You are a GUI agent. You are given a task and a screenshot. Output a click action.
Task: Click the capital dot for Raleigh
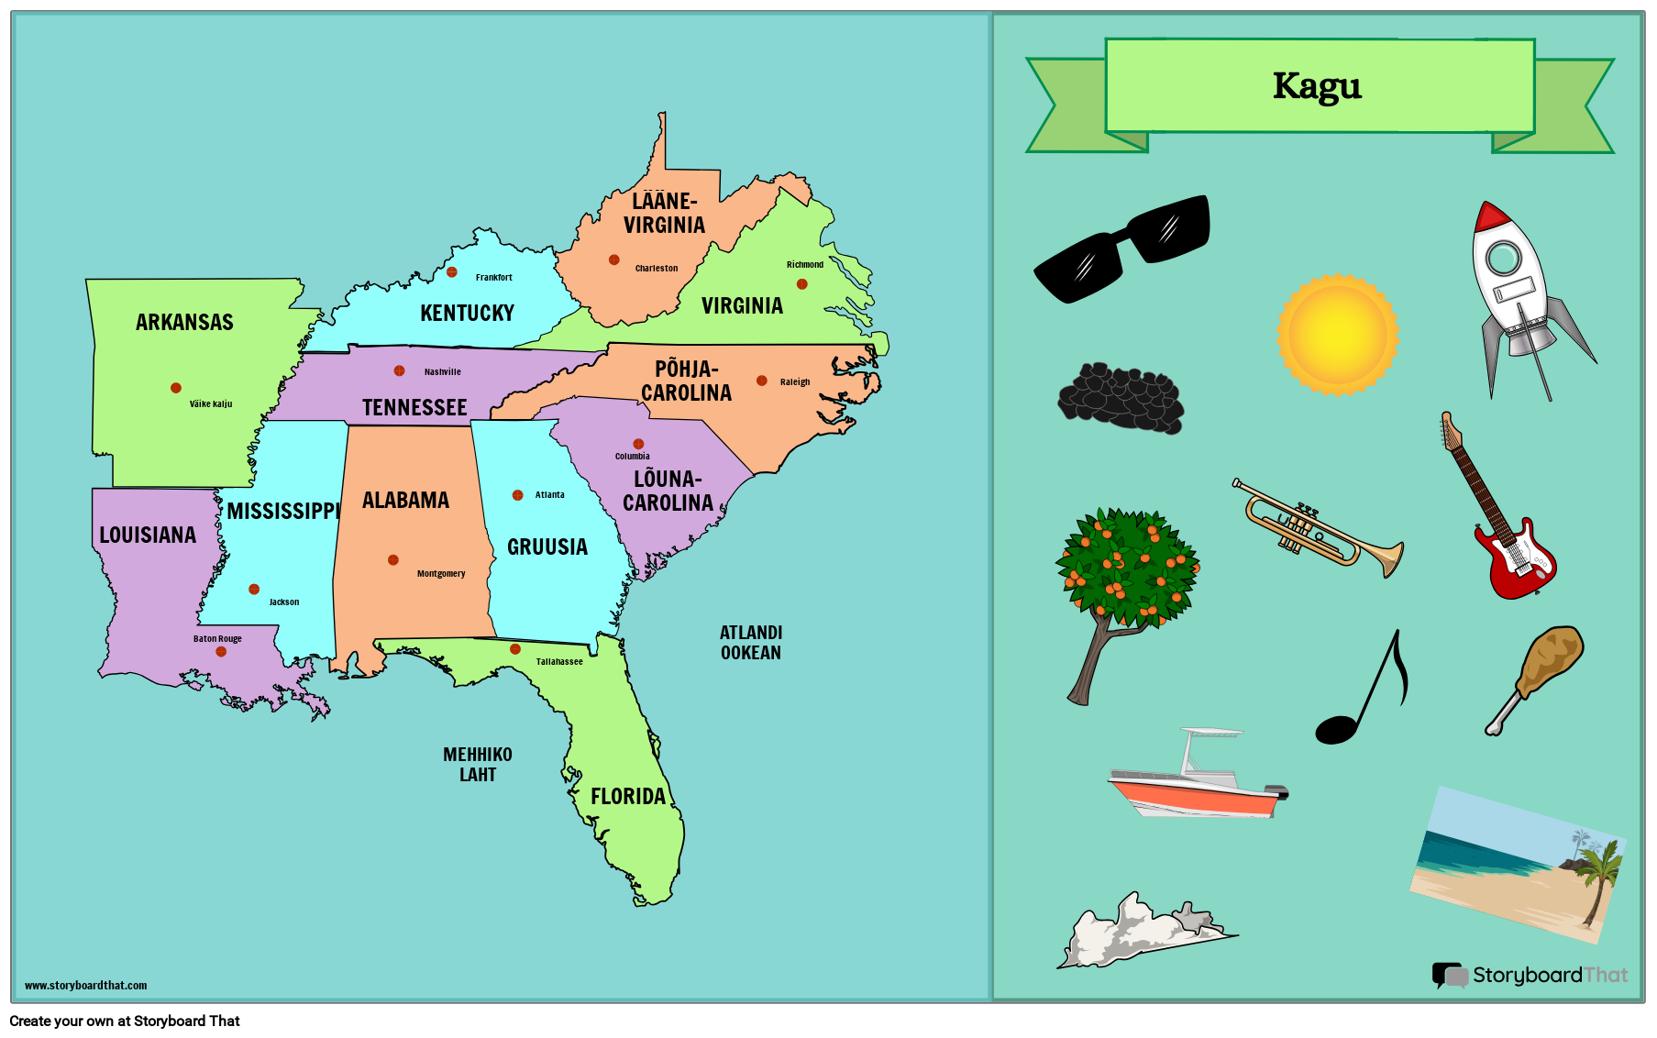[x=761, y=381]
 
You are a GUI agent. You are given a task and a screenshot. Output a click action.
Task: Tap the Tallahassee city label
[x=559, y=661]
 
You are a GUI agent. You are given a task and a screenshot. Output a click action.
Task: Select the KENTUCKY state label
[x=467, y=313]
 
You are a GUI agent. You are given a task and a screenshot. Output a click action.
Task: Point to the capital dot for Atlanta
[x=517, y=495]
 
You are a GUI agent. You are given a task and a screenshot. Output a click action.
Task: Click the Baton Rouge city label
[x=217, y=639]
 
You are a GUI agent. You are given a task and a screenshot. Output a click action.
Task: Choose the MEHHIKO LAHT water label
[x=478, y=765]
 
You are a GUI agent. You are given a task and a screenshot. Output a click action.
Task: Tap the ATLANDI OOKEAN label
[x=751, y=643]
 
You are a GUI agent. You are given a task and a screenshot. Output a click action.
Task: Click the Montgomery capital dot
[x=392, y=560]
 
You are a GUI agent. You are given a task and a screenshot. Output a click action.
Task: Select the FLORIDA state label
[x=628, y=796]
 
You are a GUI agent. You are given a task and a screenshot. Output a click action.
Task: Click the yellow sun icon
[x=1337, y=335]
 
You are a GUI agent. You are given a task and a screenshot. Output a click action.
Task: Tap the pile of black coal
[x=1121, y=398]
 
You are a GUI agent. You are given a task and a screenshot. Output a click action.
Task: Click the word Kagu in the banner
[x=1317, y=86]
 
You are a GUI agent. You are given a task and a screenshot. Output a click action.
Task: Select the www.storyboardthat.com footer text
[x=85, y=986]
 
